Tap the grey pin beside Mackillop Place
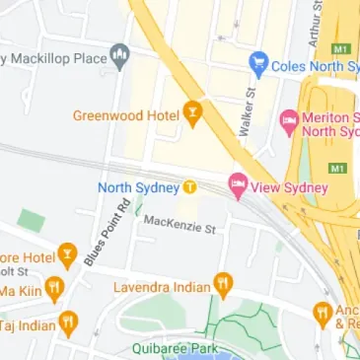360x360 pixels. click(x=120, y=56)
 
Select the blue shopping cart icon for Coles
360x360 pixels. click(x=258, y=65)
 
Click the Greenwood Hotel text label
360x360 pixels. click(x=124, y=115)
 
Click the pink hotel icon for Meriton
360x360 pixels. click(x=289, y=122)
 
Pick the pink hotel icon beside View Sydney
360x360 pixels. click(x=238, y=185)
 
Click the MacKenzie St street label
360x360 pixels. click(x=179, y=224)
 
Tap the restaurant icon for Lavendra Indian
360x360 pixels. click(x=224, y=286)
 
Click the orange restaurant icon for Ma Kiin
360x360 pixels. click(x=54, y=289)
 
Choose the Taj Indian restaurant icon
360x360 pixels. click(x=68, y=322)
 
